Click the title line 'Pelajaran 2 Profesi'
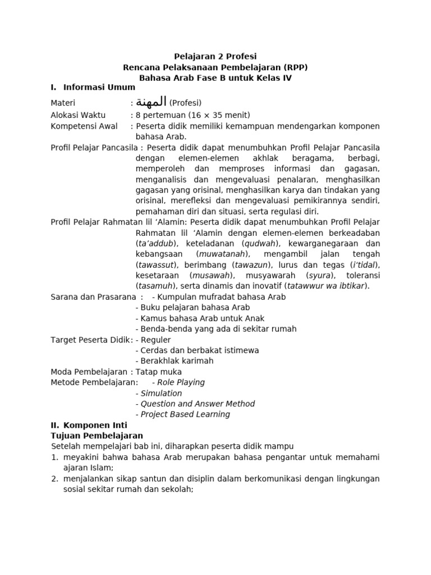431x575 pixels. pos(215,57)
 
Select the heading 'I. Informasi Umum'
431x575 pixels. pos(93,87)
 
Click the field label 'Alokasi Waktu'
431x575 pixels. pos(78,115)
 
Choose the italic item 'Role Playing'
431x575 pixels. pos(181,382)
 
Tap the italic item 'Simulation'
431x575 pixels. pos(161,393)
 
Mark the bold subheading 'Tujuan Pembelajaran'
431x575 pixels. pos(97,436)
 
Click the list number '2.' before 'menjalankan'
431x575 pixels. pos(55,479)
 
